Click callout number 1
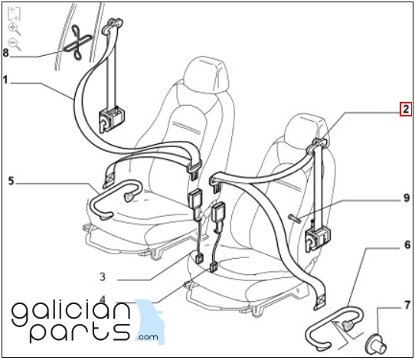click(x=5, y=80)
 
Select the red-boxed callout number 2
click(x=406, y=109)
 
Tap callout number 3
click(x=103, y=277)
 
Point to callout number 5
click(x=11, y=182)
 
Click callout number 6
click(x=407, y=245)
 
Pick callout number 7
click(x=407, y=305)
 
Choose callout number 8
click(x=6, y=53)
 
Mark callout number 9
click(x=407, y=198)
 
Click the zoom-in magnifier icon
click(x=15, y=29)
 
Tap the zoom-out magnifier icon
click(x=15, y=44)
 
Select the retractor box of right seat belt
click(x=318, y=239)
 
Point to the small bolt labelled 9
click(x=294, y=218)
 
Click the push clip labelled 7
click(x=376, y=343)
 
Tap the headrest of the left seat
click(x=207, y=74)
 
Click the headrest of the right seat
click(x=309, y=129)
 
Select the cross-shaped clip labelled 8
click(x=78, y=42)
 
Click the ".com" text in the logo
click(x=148, y=337)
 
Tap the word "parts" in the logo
click(x=80, y=329)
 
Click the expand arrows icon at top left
click(x=14, y=14)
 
